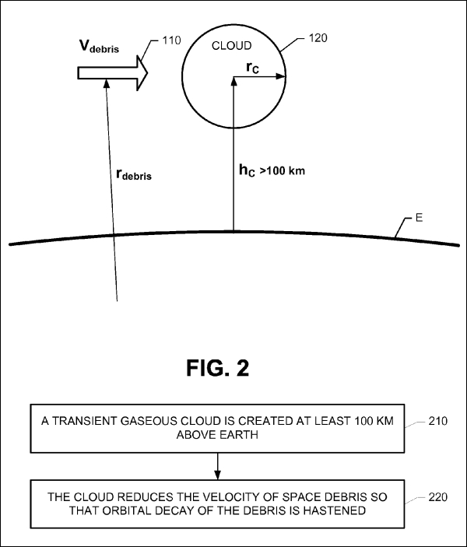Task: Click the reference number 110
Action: coord(171,40)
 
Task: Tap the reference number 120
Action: coord(318,38)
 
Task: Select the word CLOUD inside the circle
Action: coord(232,46)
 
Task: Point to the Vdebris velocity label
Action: coord(100,47)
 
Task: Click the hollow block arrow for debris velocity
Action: coord(112,73)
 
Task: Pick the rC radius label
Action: coord(253,68)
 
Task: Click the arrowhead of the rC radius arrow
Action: coord(281,76)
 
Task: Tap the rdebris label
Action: coord(134,174)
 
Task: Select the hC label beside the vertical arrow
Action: coord(247,170)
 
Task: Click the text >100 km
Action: coord(283,171)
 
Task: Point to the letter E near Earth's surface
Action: coord(420,218)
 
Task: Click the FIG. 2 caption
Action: coord(218,368)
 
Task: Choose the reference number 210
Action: coord(437,421)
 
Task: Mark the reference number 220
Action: coord(437,496)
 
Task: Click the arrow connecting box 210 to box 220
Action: coord(217,466)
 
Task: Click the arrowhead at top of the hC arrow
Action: coord(233,81)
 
